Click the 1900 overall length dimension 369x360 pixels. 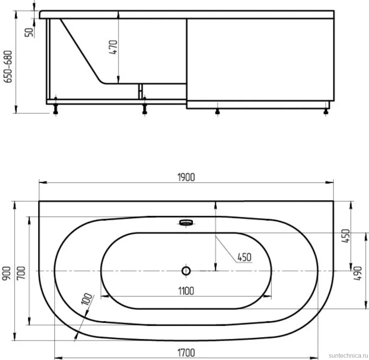[186, 177]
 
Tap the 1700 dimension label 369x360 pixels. [186, 353]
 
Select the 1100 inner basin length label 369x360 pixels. [186, 291]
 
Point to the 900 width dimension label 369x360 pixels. [6, 273]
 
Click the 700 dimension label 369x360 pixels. [21, 273]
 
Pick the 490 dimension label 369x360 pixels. [358, 273]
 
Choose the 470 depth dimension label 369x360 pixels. [113, 47]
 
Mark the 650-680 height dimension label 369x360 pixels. [8, 67]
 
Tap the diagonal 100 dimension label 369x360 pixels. [87, 299]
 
